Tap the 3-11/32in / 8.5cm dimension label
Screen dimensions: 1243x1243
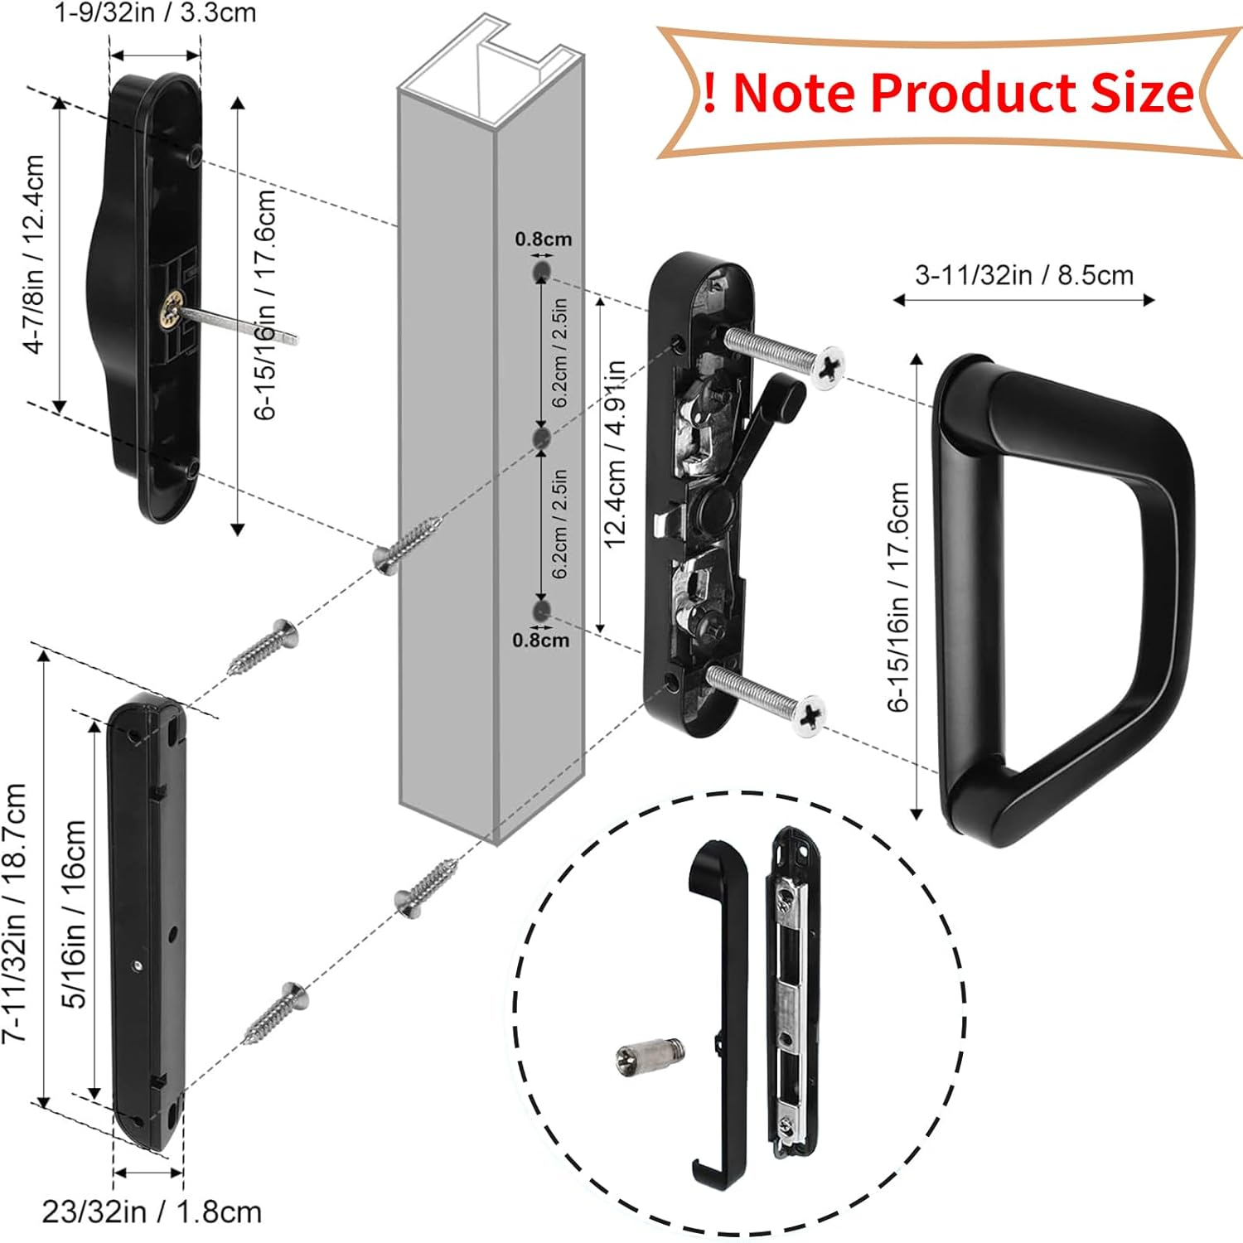click(x=1023, y=275)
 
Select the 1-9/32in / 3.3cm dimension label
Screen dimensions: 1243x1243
click(x=155, y=14)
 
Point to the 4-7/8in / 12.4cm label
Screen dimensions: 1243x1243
click(x=35, y=254)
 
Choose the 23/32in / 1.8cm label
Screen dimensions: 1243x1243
click(x=152, y=1212)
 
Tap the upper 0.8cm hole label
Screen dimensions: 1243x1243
click(x=544, y=239)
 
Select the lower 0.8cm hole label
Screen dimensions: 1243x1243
click(x=540, y=640)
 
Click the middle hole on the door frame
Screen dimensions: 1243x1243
click(x=541, y=438)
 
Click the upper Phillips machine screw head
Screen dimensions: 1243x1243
click(x=827, y=367)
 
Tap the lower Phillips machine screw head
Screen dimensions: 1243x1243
click(x=806, y=713)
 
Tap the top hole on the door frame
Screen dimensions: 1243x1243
click(x=541, y=272)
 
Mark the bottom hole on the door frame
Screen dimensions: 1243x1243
click(x=541, y=612)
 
